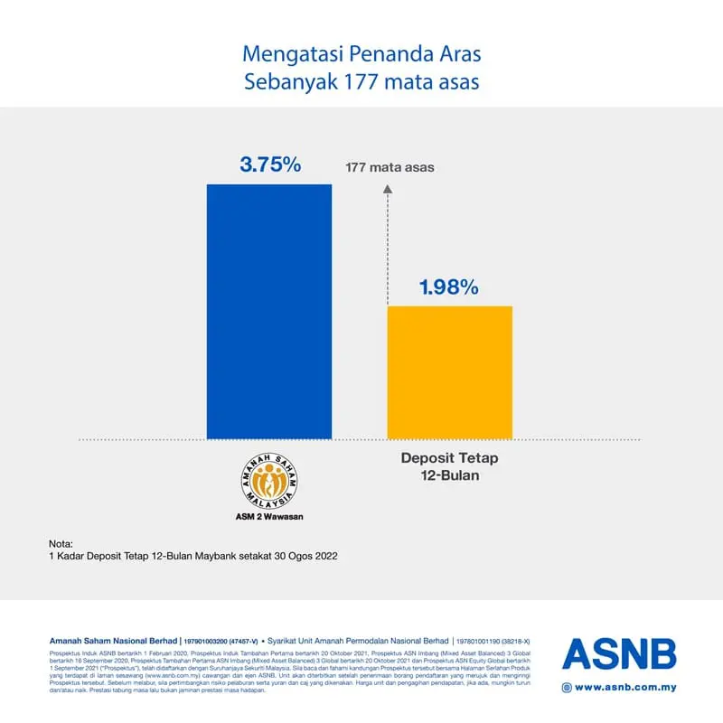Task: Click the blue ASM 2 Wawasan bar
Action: click(269, 312)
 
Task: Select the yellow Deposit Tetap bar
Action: click(449, 372)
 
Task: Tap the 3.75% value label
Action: click(269, 164)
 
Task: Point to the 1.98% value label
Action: click(448, 287)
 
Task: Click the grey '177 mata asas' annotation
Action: click(390, 167)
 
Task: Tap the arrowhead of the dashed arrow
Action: click(388, 189)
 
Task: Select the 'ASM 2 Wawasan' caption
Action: click(268, 519)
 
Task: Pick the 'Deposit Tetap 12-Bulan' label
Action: click(449, 466)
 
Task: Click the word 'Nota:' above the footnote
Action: click(61, 543)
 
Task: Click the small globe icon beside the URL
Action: click(567, 687)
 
